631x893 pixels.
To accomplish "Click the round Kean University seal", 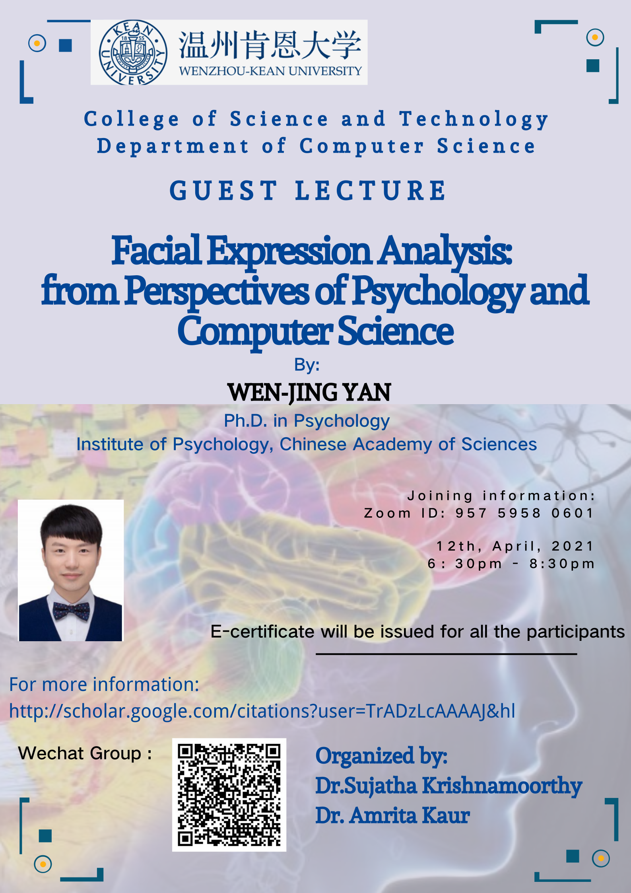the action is (133, 53).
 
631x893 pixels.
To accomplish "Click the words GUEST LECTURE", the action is (308, 190).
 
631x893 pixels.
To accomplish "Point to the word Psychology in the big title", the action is (438, 292).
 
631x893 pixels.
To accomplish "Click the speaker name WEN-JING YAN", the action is (309, 393).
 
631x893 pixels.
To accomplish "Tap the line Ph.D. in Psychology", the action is (307, 421).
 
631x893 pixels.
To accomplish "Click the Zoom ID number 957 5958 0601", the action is (524, 513).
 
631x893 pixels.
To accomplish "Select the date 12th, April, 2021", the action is (515, 546).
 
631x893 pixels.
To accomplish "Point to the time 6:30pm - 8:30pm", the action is (511, 564).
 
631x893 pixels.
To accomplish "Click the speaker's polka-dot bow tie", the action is (72, 611).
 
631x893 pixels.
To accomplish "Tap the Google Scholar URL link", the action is (262, 711).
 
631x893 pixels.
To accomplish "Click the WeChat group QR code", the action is (229, 795).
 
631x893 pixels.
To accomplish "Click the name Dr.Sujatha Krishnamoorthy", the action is (449, 786).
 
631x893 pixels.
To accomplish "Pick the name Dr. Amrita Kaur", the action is (393, 815).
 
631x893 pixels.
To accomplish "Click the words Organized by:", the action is (381, 756).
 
